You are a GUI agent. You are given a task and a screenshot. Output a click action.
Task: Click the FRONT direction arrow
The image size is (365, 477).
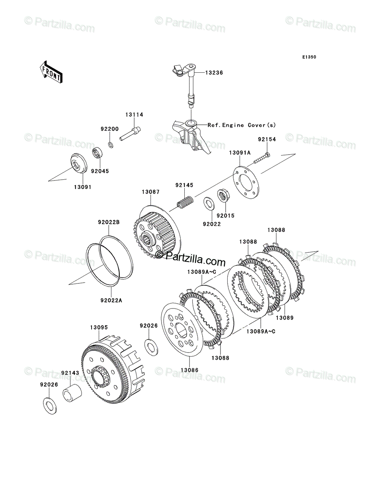[x=51, y=72]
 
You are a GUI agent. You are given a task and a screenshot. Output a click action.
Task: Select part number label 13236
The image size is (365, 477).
[x=214, y=73]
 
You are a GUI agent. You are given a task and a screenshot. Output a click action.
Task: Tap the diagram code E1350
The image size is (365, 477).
[x=309, y=57]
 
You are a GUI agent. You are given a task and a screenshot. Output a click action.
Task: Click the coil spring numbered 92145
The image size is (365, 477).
[x=185, y=202]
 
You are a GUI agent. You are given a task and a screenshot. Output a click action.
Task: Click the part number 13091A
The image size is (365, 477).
[x=240, y=153]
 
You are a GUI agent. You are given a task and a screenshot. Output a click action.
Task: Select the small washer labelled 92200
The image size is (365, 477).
[x=111, y=145]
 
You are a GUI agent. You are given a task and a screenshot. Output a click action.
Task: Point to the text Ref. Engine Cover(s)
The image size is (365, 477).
[x=242, y=125]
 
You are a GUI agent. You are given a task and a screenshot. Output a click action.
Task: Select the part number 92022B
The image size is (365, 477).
[x=109, y=222]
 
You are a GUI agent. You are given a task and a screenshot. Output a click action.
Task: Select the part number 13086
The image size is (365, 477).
[x=189, y=370]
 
